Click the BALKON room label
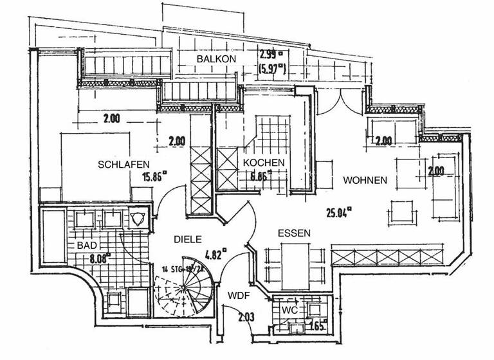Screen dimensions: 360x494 click(x=217, y=59)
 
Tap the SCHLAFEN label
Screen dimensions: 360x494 click(x=124, y=165)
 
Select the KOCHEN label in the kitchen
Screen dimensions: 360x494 click(x=264, y=163)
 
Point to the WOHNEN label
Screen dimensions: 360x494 click(x=365, y=180)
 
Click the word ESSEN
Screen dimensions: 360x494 click(x=295, y=233)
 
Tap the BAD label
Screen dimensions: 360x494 click(x=87, y=246)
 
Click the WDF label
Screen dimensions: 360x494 click(x=239, y=296)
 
